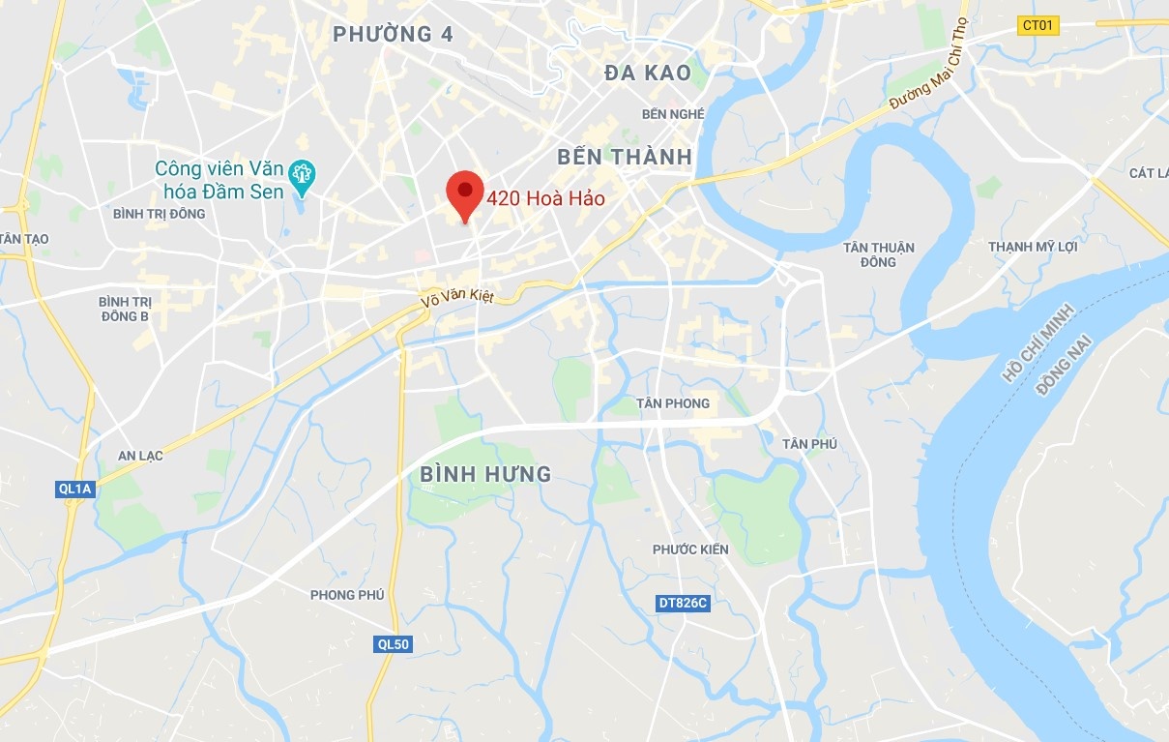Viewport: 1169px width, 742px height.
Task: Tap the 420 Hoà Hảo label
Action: click(546, 199)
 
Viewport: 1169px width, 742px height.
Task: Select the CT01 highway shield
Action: click(1038, 26)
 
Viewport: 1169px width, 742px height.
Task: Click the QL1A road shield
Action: click(74, 490)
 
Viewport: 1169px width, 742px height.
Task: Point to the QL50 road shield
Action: click(393, 644)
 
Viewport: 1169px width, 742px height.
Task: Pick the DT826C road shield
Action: click(684, 603)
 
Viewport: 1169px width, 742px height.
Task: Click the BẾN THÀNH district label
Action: click(625, 157)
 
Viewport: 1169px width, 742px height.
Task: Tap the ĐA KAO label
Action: click(647, 73)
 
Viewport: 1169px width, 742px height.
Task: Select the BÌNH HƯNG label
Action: click(485, 474)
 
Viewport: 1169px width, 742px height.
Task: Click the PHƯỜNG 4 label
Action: click(393, 35)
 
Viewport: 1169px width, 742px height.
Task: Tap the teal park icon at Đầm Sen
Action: click(304, 174)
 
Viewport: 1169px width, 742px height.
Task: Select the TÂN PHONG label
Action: click(673, 403)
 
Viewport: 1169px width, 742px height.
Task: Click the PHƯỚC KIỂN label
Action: click(690, 549)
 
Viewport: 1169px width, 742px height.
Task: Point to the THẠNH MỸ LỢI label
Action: click(1033, 247)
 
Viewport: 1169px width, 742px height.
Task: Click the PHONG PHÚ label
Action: click(347, 595)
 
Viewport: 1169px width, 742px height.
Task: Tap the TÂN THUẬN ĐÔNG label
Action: click(878, 254)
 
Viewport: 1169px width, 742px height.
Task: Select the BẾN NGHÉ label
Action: click(673, 114)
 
